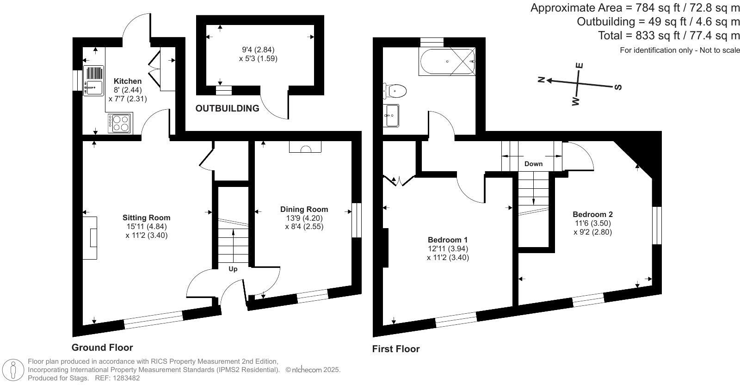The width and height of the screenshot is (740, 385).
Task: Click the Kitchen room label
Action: click(128, 81)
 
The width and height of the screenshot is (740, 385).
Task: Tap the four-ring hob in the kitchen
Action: click(121, 123)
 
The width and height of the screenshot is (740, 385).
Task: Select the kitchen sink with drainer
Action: click(93, 81)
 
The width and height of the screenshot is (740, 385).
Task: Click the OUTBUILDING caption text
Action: click(227, 109)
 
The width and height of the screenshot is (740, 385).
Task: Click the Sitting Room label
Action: click(146, 218)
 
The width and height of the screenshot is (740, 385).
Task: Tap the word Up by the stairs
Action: click(233, 269)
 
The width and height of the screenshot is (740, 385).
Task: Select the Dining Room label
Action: click(304, 210)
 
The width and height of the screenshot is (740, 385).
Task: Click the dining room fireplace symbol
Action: click(305, 148)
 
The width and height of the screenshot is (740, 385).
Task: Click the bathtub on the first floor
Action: click(447, 62)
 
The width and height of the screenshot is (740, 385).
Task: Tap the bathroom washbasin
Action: click(392, 115)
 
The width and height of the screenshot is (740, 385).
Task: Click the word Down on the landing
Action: click(533, 164)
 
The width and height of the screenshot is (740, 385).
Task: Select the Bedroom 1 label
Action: click(447, 240)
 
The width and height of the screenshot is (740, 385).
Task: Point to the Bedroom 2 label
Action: click(592, 215)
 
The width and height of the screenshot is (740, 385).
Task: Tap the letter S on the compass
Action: click(618, 87)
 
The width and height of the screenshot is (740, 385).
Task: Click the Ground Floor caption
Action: click(102, 348)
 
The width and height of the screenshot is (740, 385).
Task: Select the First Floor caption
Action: click(396, 349)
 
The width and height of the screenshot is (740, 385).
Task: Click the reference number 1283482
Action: click(123, 378)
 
